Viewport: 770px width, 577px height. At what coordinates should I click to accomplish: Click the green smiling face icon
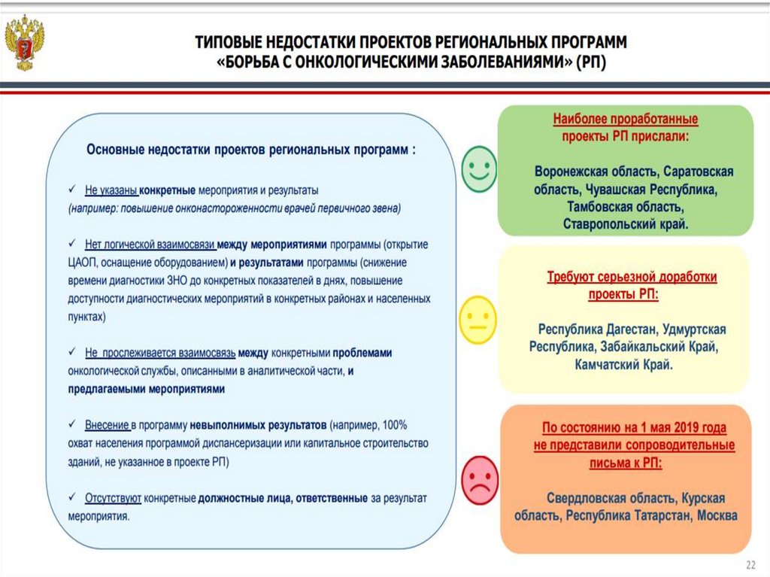(x=478, y=169)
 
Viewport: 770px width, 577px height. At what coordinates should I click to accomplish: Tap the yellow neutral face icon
(x=478, y=320)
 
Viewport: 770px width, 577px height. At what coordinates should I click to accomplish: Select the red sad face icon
(x=479, y=480)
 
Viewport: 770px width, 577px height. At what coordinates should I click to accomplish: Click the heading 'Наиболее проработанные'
(x=626, y=120)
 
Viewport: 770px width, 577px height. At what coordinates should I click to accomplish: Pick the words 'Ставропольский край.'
(x=626, y=223)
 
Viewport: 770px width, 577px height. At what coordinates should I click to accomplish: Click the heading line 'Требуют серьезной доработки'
(x=631, y=277)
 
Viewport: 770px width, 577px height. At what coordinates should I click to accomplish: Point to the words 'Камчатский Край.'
(x=623, y=365)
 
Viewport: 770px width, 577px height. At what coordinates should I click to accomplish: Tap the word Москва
(x=717, y=516)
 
